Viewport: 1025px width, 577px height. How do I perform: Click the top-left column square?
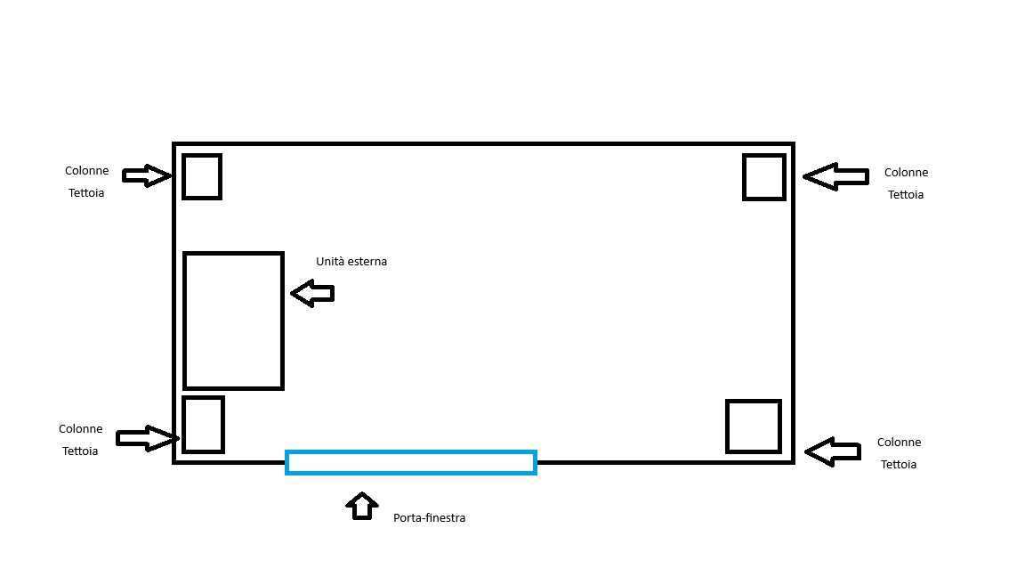183,176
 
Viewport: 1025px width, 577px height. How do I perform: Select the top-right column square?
744,177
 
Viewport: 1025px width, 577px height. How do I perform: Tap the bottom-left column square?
183,425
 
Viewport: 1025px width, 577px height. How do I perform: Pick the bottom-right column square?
727,427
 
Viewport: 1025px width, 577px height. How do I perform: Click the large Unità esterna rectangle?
184,321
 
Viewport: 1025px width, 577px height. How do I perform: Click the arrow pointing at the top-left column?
148,175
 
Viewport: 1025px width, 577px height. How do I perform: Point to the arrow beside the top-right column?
835,176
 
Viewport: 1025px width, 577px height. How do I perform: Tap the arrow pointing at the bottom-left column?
148,438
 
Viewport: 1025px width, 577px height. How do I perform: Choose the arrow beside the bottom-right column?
832,452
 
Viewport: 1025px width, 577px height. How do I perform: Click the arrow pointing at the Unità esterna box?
312,294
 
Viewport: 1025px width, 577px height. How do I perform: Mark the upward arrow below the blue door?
362,507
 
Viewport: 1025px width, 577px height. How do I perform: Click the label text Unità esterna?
351,262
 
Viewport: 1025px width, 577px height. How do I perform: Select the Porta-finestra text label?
430,518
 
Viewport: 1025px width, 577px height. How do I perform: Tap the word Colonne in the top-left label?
87,171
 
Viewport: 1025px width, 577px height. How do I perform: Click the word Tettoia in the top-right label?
906,195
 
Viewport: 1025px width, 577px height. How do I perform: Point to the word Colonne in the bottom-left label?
80,429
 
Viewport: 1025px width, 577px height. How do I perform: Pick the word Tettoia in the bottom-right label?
898,465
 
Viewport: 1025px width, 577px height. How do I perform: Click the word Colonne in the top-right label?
906,173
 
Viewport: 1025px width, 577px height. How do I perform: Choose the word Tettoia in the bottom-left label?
80,451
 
